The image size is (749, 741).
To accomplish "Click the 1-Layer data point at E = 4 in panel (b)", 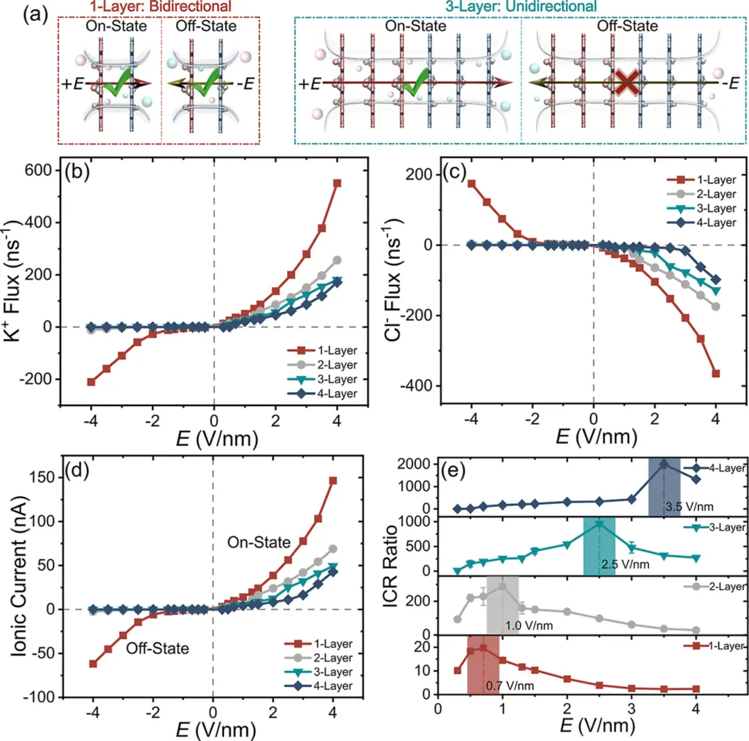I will (338, 183).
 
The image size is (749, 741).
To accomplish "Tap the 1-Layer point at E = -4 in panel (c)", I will (472, 184).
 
